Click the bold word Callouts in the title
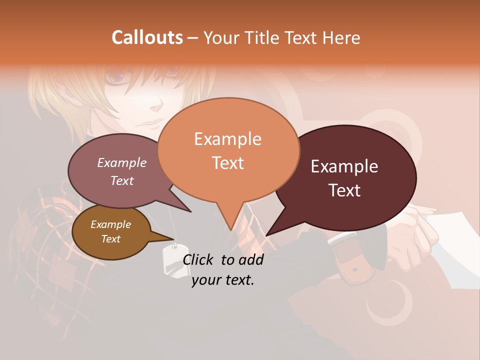[147, 37]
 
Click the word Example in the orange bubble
[227, 138]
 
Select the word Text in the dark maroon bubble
[345, 190]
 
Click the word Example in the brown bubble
[110, 224]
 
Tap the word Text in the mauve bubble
[122, 181]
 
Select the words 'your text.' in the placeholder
[223, 280]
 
